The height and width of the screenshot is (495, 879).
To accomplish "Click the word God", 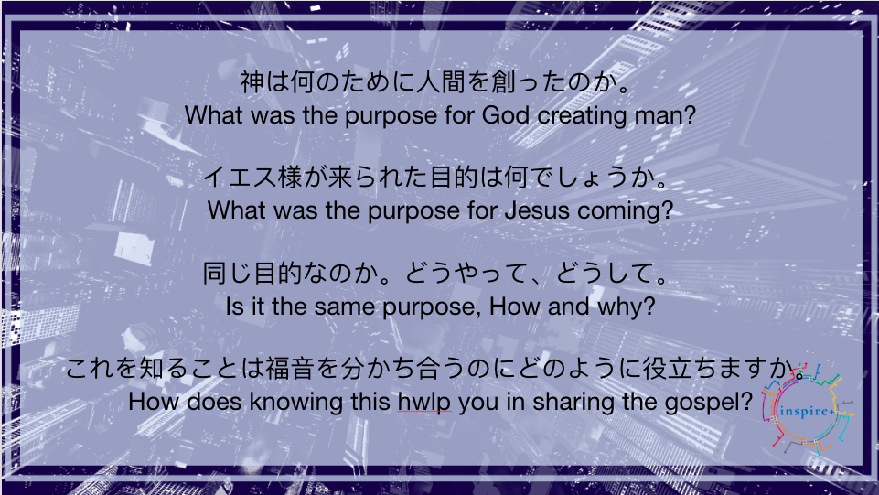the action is (x=506, y=115).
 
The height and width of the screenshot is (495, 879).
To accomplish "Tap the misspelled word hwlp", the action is (x=424, y=403).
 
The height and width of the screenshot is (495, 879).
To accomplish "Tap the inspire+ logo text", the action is (x=808, y=412).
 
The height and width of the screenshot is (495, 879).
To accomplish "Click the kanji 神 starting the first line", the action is (x=252, y=81).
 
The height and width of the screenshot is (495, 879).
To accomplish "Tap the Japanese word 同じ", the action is (x=227, y=273).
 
